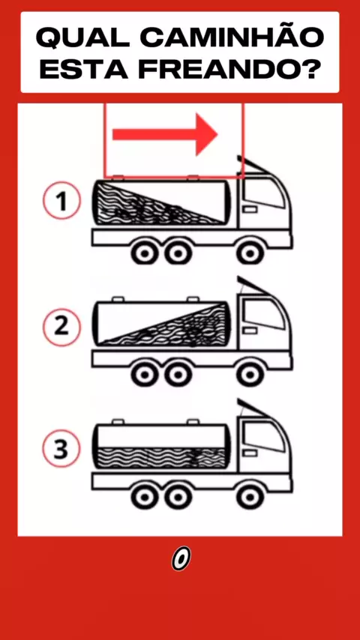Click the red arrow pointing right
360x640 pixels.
click(165, 134)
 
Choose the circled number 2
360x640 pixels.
click(61, 327)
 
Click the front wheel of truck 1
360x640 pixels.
click(250, 253)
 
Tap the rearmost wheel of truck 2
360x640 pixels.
click(145, 374)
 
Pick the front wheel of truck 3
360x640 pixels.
click(250, 496)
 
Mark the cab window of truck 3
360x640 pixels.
click(263, 436)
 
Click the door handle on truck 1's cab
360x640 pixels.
click(250, 209)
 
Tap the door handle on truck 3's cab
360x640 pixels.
click(250, 453)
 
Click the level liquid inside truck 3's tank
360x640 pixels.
click(162, 458)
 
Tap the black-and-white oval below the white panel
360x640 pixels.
click(181, 558)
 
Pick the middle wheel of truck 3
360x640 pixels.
click(178, 496)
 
